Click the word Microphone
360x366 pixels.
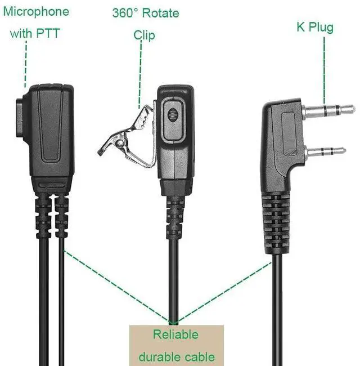point(36,12)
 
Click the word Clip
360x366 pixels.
point(144,35)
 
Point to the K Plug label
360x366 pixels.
point(315,27)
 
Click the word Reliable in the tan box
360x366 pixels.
point(175,334)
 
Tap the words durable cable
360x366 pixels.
point(176,356)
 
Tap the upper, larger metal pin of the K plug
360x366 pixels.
point(328,110)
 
